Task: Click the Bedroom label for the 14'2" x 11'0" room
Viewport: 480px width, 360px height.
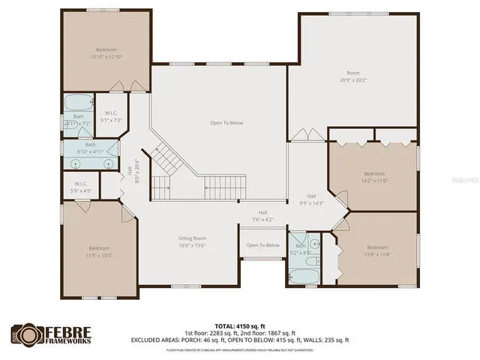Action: click(x=374, y=173)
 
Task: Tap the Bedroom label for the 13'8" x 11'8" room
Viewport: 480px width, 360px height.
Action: click(x=377, y=247)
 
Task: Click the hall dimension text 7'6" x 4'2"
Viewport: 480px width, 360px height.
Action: click(x=262, y=220)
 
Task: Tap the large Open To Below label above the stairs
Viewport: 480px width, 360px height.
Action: click(x=226, y=122)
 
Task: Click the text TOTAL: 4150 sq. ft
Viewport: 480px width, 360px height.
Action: click(x=247, y=326)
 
